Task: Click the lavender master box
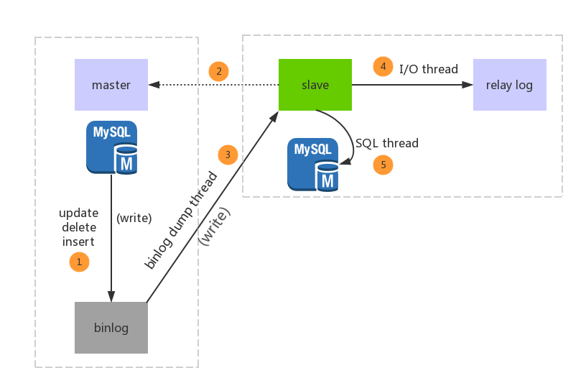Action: pos(111,85)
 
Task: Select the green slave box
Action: pos(315,85)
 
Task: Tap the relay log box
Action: pos(509,85)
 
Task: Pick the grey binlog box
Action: pos(111,328)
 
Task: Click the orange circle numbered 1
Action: pos(79,262)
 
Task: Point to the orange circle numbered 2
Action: pos(218,71)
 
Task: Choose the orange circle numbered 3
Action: pos(228,155)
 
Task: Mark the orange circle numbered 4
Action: pos(383,67)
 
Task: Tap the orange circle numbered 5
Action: pos(383,165)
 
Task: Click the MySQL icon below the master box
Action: pos(111,147)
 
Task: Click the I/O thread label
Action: pos(429,69)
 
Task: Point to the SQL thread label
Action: pos(387,143)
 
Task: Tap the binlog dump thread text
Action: pos(181,220)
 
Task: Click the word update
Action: pos(79,213)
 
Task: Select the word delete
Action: pos(79,227)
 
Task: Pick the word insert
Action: pos(79,241)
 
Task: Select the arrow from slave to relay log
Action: pos(412,85)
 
